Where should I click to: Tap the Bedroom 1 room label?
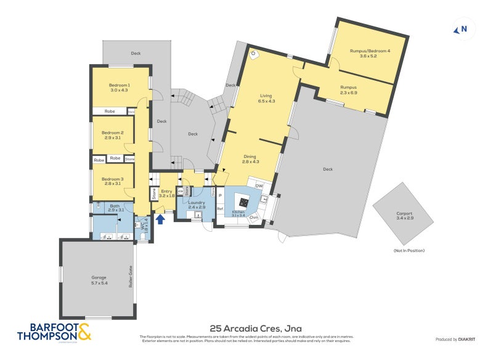(x=120, y=88)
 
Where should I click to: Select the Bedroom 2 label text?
(x=113, y=135)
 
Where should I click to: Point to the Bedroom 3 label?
(x=113, y=181)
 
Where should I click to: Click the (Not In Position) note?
(x=409, y=250)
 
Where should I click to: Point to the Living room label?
(x=266, y=98)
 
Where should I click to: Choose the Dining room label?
(x=250, y=159)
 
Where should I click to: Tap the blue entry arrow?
(x=160, y=219)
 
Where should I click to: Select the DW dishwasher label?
(x=259, y=186)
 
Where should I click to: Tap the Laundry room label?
(x=197, y=204)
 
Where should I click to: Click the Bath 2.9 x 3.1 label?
(x=116, y=208)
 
